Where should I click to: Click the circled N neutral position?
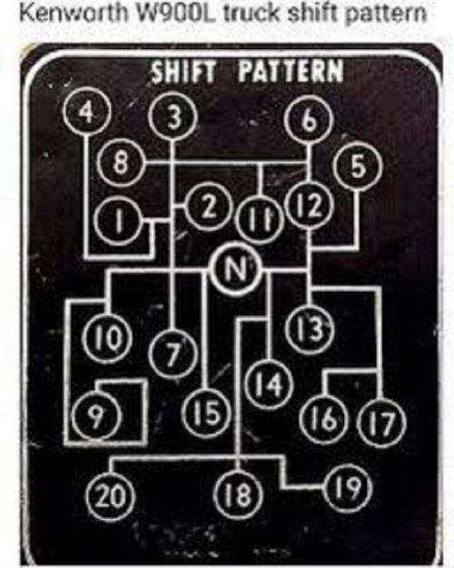pos(236,269)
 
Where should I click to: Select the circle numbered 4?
pos(85,113)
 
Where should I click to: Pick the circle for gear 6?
pos(308,121)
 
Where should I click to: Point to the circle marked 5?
pos(359,168)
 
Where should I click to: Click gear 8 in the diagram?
pos(121,163)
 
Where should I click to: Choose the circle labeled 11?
pos(258,220)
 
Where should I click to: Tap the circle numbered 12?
pos(309,205)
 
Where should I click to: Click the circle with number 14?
pos(269,384)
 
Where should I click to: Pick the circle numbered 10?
pos(105,339)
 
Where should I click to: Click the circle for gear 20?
pos(111,494)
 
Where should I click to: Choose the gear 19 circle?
pos(349,487)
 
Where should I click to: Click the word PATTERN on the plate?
pos(291,71)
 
